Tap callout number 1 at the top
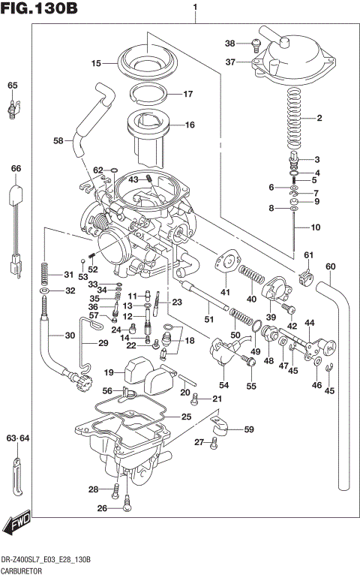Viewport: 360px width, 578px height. click(x=195, y=8)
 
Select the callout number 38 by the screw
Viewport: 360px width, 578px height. click(x=230, y=43)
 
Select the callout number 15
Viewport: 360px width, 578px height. click(x=96, y=64)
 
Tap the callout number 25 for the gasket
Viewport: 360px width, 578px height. click(x=186, y=416)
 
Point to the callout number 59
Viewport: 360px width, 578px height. click(x=248, y=430)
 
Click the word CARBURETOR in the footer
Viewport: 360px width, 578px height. click(x=22, y=570)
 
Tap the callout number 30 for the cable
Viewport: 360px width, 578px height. click(x=70, y=336)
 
